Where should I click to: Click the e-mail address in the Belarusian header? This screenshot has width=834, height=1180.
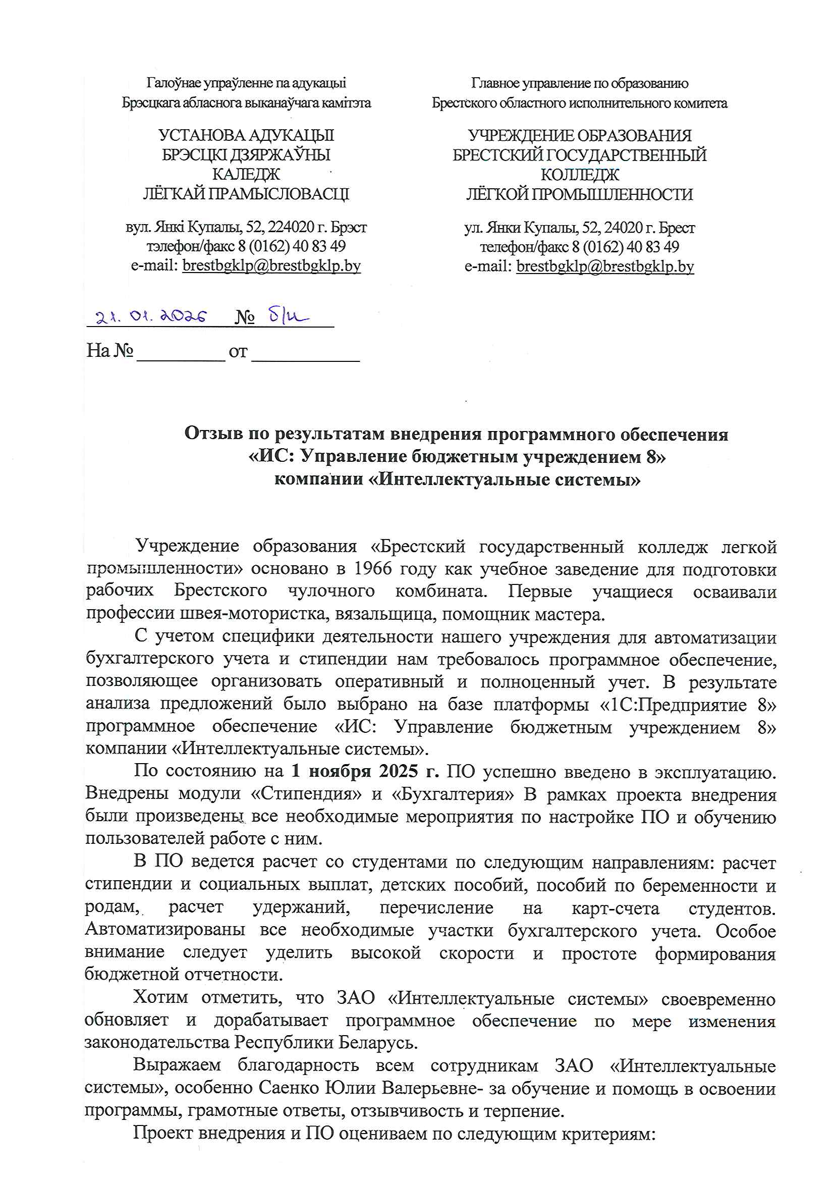tap(271, 265)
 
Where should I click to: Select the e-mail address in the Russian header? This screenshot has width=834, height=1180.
tap(605, 266)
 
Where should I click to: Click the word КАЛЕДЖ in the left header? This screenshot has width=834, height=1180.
tap(246, 174)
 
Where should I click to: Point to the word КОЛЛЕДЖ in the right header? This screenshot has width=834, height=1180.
tap(580, 175)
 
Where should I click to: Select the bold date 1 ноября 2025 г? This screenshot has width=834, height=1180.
tap(365, 771)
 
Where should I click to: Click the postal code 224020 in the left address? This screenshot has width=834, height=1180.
tap(291, 227)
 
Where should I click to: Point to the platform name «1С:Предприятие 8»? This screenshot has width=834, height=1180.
tap(688, 704)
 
